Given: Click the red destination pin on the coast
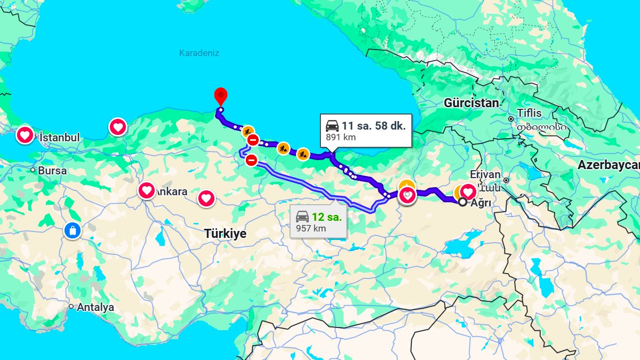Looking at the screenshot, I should tap(220, 97).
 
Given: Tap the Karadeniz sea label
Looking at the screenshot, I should tap(199, 53).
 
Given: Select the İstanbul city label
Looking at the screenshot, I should tap(59, 138).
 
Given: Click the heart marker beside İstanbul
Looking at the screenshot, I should tap(25, 135).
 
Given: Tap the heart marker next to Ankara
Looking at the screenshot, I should tap(147, 190).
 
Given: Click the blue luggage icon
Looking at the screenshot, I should tap(72, 230).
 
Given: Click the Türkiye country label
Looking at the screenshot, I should tap(225, 234).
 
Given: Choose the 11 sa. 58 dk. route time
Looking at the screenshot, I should tap(374, 126).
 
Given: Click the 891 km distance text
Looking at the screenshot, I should tap(341, 137).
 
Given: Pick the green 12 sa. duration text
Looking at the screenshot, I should tap(326, 217).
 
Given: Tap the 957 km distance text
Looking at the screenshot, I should tap(311, 228).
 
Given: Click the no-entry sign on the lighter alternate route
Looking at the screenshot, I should tap(251, 159).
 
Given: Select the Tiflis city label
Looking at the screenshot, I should tap(529, 113).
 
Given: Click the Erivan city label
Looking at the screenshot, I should tap(485, 174).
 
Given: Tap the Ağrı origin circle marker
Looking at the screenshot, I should tap(462, 202).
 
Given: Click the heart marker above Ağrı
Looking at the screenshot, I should tap(468, 191).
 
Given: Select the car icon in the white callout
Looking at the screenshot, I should tap(332, 126).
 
